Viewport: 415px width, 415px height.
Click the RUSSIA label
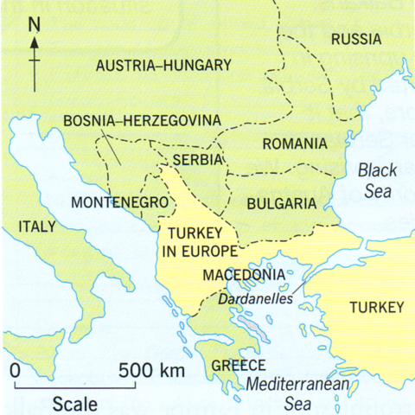click(355, 40)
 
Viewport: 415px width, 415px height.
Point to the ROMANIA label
click(295, 144)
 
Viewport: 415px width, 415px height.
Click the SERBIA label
click(198, 161)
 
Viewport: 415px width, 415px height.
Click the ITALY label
click(35, 227)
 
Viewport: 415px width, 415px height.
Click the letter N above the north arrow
click(35, 25)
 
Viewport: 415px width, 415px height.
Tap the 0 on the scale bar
click(16, 371)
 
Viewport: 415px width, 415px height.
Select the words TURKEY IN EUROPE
click(201, 242)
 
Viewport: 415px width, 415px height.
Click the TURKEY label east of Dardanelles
click(376, 308)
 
